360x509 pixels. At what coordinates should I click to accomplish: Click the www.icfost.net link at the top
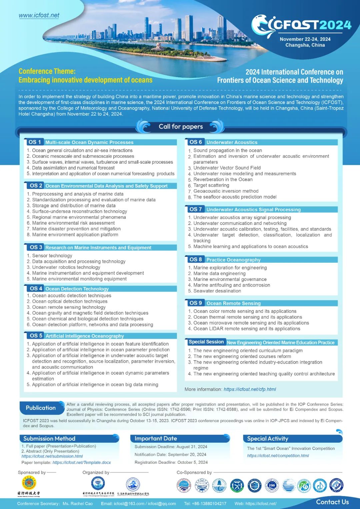(x=39, y=15)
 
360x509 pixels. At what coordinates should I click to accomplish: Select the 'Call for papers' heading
(x=181, y=126)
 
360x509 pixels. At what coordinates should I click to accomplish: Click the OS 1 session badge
(x=35, y=142)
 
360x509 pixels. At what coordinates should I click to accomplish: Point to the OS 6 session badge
(x=196, y=142)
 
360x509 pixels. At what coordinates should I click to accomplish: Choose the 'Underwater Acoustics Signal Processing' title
(x=253, y=209)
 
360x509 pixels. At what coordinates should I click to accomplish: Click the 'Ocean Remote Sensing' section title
(x=233, y=303)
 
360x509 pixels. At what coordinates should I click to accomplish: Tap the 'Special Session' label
(x=206, y=342)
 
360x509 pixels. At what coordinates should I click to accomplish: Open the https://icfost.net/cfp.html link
(x=250, y=389)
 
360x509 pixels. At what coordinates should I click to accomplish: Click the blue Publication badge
(x=41, y=408)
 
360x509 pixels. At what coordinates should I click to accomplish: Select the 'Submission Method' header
(x=49, y=438)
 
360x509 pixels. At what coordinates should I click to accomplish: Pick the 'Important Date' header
(x=156, y=438)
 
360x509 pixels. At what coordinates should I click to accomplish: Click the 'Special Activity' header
(x=267, y=438)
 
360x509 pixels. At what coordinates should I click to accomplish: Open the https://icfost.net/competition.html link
(x=278, y=456)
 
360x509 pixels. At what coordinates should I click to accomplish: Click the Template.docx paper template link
(x=82, y=462)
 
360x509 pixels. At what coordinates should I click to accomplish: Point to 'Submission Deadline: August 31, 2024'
(x=171, y=447)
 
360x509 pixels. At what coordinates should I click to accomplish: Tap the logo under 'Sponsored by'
(x=29, y=483)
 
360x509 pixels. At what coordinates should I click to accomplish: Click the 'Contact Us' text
(x=332, y=502)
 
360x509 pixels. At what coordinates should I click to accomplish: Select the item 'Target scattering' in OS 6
(x=211, y=185)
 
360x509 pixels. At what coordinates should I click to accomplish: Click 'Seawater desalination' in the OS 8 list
(x=217, y=291)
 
